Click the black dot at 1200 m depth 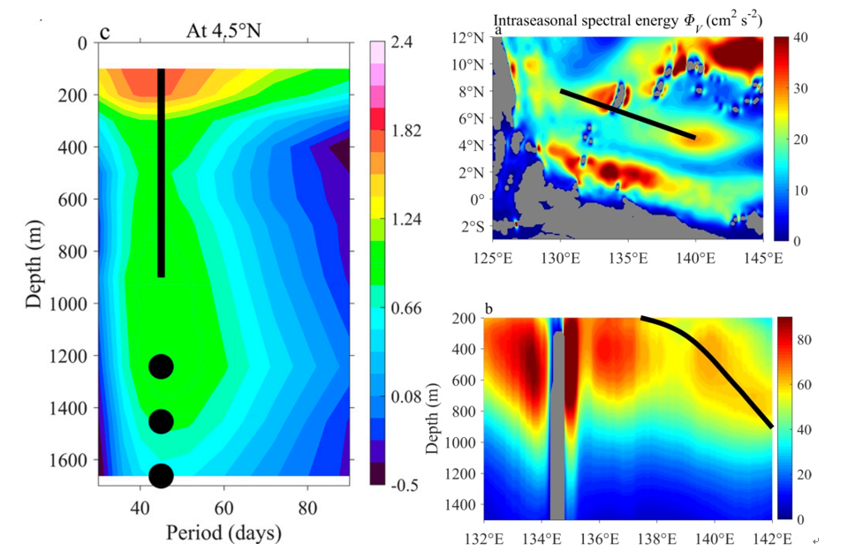coord(161,366)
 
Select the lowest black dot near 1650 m coord(161,475)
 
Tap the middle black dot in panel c coord(161,421)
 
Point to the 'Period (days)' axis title coord(223,533)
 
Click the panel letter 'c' coord(104,34)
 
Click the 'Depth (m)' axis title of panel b coord(433,419)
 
